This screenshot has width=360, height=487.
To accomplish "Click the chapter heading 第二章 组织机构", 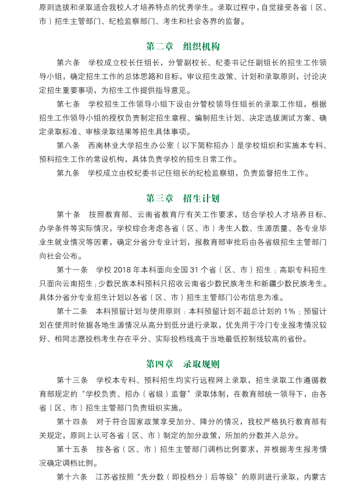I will [183, 47].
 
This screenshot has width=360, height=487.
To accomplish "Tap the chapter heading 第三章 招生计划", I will [183, 198].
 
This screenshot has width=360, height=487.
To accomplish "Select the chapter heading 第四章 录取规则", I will [183, 364].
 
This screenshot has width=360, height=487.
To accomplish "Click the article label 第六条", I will [68, 62].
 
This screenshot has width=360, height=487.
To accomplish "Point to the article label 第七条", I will [68, 104].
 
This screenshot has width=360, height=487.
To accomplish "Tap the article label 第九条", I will [68, 173].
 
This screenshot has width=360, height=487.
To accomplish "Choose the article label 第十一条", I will [72, 270].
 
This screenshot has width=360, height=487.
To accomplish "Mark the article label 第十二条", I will [72, 311].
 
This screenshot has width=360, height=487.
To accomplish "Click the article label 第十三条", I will [72, 381].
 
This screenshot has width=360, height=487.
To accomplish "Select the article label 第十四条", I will [72, 422].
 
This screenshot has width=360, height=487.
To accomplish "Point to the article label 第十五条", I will [72, 450].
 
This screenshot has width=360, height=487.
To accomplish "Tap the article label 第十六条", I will [72, 478].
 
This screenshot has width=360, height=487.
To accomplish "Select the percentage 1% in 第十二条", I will [290, 311].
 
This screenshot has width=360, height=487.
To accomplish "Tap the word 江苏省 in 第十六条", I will [107, 478].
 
